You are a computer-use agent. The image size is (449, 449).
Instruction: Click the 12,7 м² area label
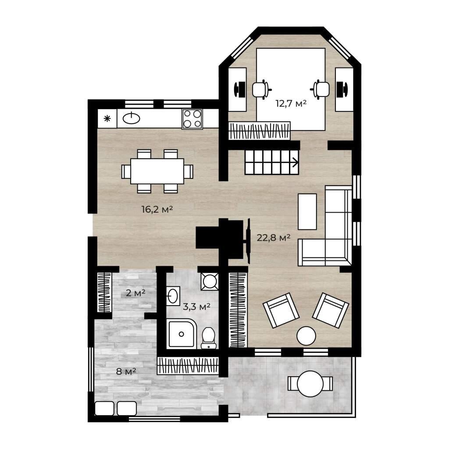tap(291, 103)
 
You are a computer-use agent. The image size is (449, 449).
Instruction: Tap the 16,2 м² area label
tap(157, 209)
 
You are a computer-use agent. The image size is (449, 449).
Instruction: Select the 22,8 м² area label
tap(274, 237)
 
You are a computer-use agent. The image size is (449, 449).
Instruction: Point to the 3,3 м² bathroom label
tap(196, 306)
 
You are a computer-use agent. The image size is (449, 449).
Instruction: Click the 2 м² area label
tap(135, 293)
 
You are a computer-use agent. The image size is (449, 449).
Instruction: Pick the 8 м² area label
tap(126, 371)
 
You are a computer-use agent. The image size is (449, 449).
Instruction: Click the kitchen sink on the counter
tap(132, 118)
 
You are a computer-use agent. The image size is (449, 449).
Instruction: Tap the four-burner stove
tap(192, 119)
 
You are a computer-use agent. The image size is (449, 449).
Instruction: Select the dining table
tap(157, 171)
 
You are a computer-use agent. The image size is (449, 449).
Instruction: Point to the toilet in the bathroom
tap(208, 338)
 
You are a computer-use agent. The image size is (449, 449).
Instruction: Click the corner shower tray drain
tap(181, 334)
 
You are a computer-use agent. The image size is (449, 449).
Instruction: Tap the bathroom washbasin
tap(173, 296)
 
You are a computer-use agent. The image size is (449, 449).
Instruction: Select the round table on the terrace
tap(310, 384)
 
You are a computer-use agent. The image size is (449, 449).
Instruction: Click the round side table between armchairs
tap(306, 336)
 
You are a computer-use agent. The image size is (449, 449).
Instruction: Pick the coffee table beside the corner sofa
tap(307, 212)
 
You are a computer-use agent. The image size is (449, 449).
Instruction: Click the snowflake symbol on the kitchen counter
tap(107, 118)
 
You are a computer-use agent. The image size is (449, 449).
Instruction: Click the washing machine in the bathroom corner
tap(210, 282)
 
